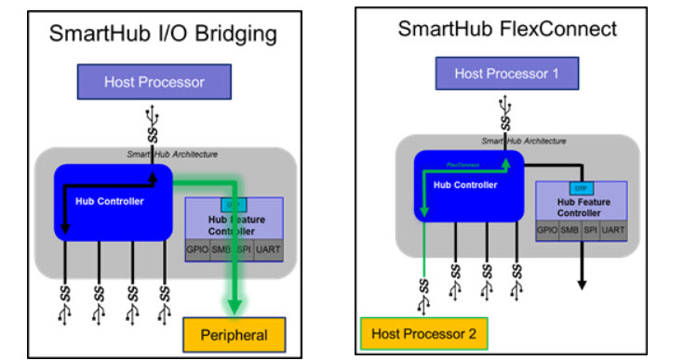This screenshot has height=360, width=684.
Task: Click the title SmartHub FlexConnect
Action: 507,29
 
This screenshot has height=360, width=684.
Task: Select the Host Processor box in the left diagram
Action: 154,82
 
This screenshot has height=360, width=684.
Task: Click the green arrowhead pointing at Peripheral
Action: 235,304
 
